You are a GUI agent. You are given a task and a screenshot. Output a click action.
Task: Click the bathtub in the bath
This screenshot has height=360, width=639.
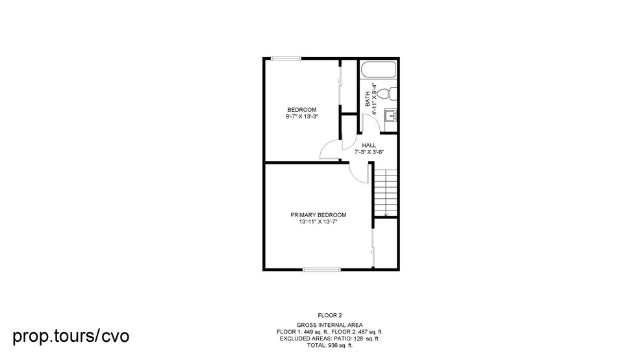click(x=379, y=71)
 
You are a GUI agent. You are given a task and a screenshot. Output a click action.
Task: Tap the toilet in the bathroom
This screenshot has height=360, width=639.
click(x=384, y=94)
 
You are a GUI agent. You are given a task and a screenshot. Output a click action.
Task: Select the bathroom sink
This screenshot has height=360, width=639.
click(x=390, y=116)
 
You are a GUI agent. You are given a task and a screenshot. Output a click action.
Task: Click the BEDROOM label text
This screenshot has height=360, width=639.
click(x=302, y=109)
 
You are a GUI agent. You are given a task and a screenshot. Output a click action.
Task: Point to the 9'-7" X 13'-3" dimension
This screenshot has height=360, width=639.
click(x=302, y=116)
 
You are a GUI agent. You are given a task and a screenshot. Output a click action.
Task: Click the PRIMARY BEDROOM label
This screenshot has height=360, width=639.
click(x=318, y=215)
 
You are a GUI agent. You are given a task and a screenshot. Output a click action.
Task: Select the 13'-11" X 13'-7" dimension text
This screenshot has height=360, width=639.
click(x=318, y=222)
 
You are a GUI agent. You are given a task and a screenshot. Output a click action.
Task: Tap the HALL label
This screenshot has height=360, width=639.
click(x=369, y=146)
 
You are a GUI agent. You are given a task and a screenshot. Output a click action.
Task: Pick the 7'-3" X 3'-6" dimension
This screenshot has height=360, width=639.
click(x=369, y=152)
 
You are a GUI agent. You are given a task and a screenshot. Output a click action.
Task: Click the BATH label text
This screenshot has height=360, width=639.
click(x=368, y=99)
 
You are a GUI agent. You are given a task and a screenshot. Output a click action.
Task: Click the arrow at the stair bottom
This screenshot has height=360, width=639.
click(x=386, y=213)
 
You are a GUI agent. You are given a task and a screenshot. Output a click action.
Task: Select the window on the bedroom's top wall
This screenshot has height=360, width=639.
click(x=286, y=59)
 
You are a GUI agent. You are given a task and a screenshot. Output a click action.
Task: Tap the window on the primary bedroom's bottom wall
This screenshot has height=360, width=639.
click(x=321, y=268)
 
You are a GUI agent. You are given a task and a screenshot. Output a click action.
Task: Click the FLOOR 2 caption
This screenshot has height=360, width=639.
click(x=329, y=315)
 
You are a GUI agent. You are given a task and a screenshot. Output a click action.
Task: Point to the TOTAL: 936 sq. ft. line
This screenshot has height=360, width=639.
click(x=329, y=345)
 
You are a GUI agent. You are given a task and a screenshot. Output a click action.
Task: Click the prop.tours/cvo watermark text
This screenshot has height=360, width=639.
click(x=71, y=336)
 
